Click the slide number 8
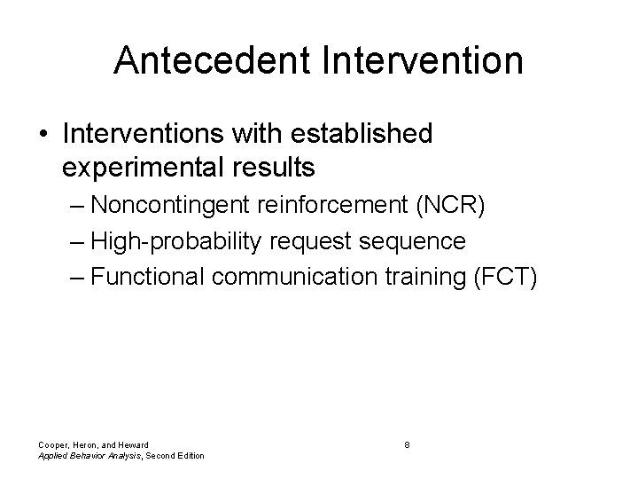pyautogui.click(x=406, y=444)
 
